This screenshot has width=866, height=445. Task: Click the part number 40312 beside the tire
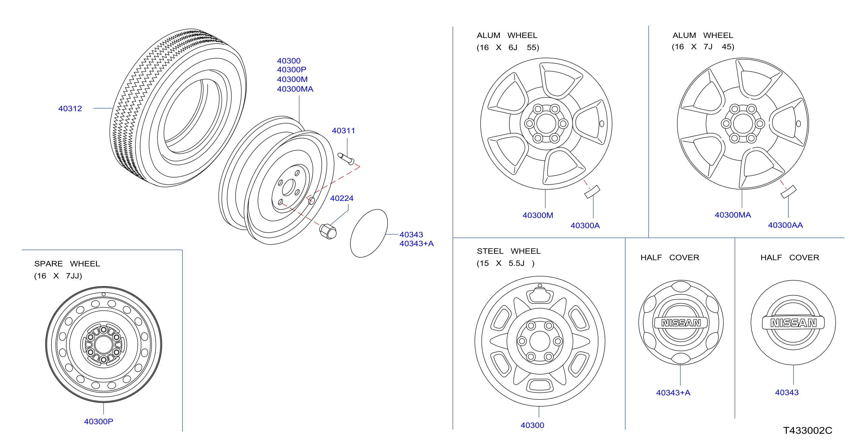point(70,109)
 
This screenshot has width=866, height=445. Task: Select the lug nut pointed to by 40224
point(328,231)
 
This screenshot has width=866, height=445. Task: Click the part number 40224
point(342,198)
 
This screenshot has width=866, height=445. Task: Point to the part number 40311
point(343,130)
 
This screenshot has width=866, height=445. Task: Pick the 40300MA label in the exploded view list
point(295,89)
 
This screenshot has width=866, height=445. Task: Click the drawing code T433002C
point(808,431)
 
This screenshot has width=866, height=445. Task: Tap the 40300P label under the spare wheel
point(98,422)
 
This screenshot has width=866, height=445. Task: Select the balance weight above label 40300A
point(592,192)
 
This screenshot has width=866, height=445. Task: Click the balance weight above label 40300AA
point(788,192)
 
